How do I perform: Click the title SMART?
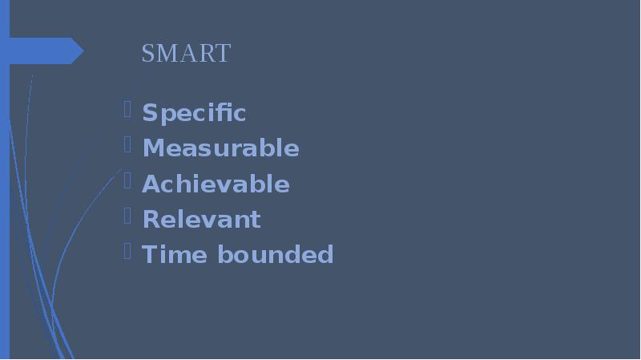click(186, 54)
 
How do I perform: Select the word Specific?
click(194, 114)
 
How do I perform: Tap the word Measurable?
click(220, 149)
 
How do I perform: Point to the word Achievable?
click(216, 184)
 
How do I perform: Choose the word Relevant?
click(201, 220)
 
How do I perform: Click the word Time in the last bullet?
click(166, 255)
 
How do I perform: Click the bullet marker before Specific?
click(128, 110)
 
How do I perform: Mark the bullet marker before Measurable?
click(128, 145)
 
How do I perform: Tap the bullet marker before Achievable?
click(128, 180)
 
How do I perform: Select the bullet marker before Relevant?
click(128, 216)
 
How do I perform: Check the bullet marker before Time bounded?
click(128, 251)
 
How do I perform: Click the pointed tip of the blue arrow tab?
click(83, 51)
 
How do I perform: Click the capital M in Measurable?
click(151, 149)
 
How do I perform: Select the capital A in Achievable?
click(149, 184)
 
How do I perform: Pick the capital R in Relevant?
click(149, 220)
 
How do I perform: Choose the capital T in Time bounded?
click(148, 255)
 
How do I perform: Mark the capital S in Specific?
click(148, 114)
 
